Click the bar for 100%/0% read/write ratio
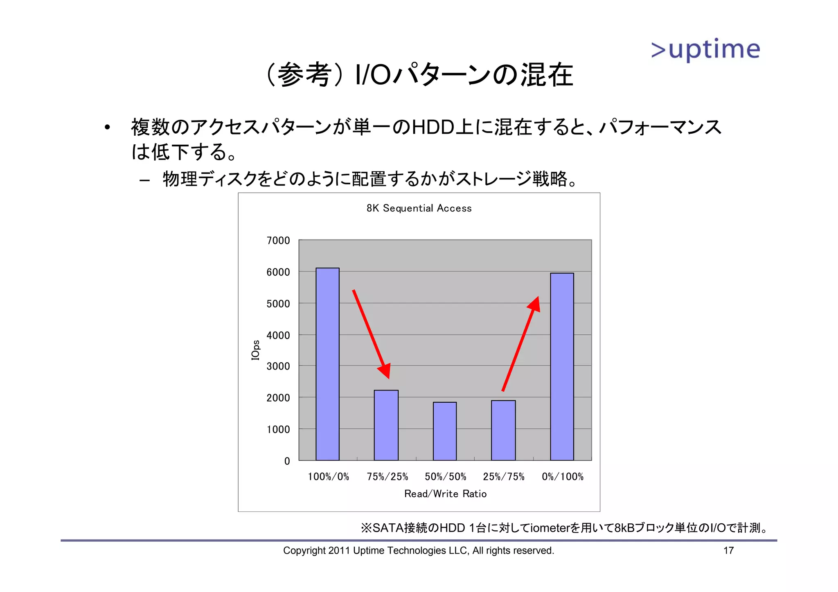(x=327, y=364)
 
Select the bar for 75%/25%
(x=386, y=425)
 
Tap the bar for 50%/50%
(x=445, y=431)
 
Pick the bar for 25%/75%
(x=503, y=430)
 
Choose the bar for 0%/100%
(x=562, y=366)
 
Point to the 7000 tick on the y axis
(x=278, y=240)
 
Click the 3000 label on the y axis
(x=278, y=366)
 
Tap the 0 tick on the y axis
(x=287, y=461)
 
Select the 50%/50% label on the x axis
(x=445, y=477)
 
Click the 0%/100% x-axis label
(x=563, y=477)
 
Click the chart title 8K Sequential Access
(x=419, y=209)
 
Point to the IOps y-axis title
(x=255, y=350)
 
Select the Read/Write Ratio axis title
(x=445, y=494)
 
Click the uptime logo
(x=705, y=50)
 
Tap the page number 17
(x=728, y=550)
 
